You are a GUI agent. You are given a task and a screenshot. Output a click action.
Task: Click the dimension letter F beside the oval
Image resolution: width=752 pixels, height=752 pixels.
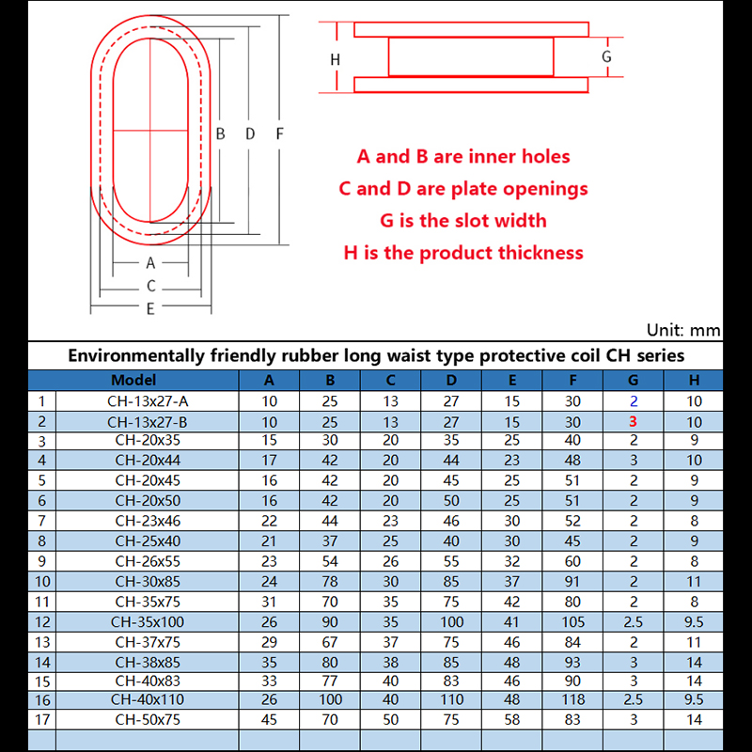279,133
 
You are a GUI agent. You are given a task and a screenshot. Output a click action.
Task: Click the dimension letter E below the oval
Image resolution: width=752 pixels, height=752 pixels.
150,308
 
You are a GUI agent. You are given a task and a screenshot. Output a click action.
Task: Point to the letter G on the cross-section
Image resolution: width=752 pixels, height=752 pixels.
607,56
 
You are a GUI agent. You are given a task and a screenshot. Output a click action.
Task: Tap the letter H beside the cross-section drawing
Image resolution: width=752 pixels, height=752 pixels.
335,59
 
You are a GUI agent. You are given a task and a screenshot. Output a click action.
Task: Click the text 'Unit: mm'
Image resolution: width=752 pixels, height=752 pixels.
683,330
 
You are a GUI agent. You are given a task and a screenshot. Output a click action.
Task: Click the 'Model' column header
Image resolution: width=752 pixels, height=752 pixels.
133,381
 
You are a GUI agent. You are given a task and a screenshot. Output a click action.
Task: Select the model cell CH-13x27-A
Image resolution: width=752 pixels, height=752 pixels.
148,401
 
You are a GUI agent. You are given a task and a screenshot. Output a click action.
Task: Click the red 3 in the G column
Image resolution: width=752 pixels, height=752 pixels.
634,422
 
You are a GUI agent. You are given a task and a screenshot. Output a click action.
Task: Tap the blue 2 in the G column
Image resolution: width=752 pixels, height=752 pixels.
634,401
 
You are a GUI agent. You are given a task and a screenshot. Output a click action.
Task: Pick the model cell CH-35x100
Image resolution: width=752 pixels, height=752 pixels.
148,621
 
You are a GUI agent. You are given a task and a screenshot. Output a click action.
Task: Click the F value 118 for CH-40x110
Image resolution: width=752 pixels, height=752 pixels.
573,699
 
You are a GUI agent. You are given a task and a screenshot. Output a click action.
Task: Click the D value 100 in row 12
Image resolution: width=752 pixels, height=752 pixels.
451,621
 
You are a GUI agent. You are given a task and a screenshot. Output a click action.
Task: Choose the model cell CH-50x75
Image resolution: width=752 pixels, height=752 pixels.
148,719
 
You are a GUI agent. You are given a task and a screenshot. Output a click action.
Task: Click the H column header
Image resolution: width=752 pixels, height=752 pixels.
694,381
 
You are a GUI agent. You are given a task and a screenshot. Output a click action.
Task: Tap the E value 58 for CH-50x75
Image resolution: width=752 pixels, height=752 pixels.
512,719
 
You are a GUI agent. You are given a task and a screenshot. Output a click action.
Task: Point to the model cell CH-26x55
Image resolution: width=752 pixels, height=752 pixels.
148,561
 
